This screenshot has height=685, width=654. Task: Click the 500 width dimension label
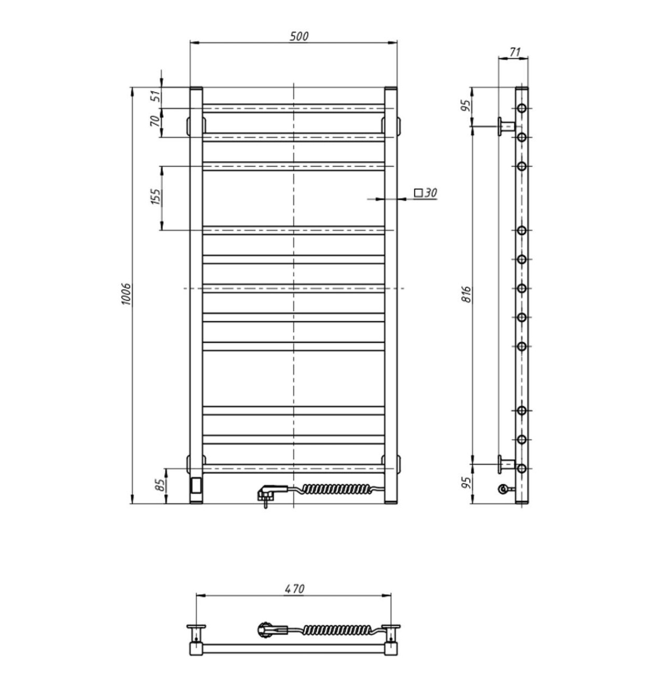click(x=299, y=36)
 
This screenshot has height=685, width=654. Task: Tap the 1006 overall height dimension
click(x=126, y=294)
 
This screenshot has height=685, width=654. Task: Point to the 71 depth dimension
click(x=514, y=52)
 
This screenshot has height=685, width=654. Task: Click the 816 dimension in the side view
click(x=466, y=294)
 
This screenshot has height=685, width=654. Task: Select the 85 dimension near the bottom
click(x=160, y=485)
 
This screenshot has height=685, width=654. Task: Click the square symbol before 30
click(x=418, y=193)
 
